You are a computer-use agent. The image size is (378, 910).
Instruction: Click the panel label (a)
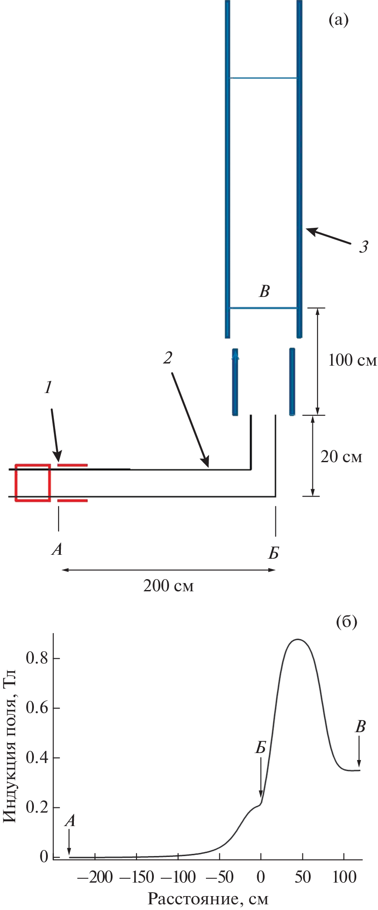point(338,20)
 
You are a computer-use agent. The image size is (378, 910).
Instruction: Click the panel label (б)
point(346,622)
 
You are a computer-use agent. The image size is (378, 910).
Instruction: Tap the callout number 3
point(363,247)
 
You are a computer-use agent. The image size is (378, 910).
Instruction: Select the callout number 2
point(168,358)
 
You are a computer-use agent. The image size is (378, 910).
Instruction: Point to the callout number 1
point(48,387)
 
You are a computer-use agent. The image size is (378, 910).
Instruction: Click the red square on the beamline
point(33,483)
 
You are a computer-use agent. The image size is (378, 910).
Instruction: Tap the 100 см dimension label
point(352,360)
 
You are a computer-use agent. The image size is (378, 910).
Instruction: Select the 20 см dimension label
point(341,457)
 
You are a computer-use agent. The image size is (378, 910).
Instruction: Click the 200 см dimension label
point(168,586)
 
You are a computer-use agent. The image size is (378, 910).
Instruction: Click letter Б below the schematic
point(273,553)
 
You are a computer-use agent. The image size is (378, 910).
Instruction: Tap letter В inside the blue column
point(264,291)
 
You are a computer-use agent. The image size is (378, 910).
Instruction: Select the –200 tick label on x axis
point(95,877)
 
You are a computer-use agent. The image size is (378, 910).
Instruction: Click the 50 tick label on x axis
point(302,877)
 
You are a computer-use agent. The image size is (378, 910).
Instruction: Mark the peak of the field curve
point(298,639)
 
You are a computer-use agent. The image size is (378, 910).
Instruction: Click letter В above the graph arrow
point(360,726)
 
